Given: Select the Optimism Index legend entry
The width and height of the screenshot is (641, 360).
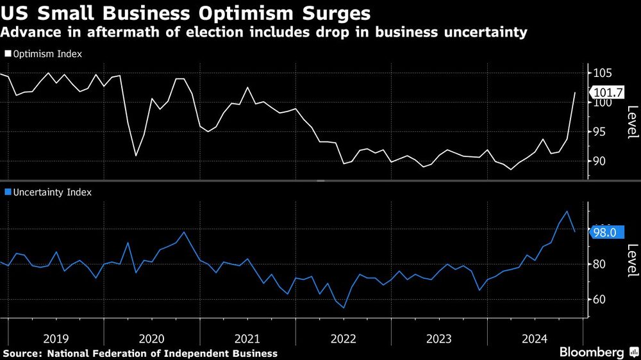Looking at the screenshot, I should pos(44,54).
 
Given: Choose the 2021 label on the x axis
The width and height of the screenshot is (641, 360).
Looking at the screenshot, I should pos(247,338).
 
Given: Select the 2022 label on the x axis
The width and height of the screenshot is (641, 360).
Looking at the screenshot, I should pos(344,338).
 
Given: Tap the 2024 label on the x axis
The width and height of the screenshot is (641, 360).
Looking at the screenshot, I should pos(535,338).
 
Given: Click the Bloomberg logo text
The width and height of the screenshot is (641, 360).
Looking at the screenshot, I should pos(592,352).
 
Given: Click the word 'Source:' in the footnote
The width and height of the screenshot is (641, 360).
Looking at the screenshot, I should pos(23,354).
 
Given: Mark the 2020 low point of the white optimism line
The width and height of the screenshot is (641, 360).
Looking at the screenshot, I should pos(136,156).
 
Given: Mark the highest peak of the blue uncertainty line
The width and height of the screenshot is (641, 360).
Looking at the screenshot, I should pos(567,211).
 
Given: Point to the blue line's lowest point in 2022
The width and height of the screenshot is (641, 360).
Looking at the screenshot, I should pos(344,308).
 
